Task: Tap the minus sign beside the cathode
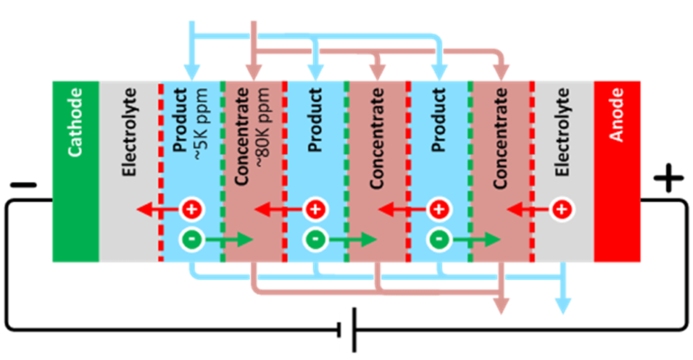click(24, 187)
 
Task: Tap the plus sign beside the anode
click(668, 180)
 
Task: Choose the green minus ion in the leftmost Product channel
click(189, 240)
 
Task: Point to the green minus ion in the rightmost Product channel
click(438, 240)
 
